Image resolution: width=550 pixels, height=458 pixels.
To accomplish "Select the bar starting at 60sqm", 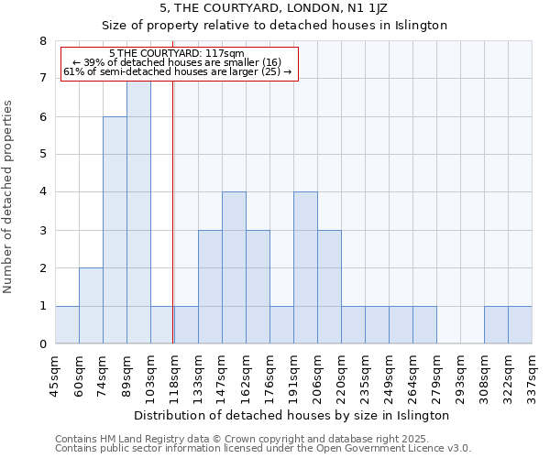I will (91, 306).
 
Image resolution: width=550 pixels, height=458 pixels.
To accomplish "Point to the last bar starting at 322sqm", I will (520, 325).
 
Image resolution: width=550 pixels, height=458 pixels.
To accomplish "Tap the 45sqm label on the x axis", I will (55, 376).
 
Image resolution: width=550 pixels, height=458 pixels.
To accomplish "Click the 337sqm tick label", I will (532, 376).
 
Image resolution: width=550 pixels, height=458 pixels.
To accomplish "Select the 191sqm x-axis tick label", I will (293, 376).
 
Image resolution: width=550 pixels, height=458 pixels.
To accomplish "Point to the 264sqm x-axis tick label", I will (412, 376).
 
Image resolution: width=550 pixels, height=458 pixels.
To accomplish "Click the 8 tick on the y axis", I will (42, 41).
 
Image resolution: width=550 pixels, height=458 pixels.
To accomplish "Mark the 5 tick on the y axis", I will (42, 154).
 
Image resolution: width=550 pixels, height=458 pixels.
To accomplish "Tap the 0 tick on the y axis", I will (42, 344).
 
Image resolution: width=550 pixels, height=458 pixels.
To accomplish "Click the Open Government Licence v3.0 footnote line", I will (263, 449).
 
